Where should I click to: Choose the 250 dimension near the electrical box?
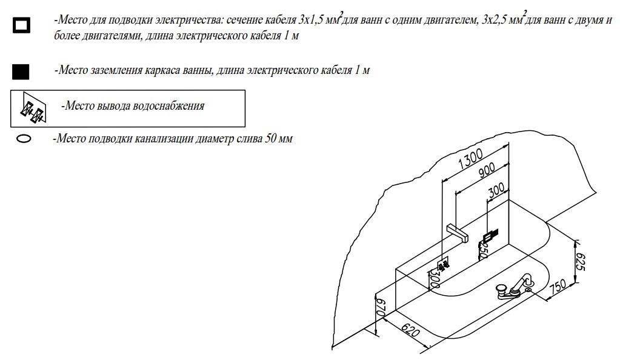483,249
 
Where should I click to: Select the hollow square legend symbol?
22,25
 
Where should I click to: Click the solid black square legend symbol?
21,71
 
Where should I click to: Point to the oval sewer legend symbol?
24,139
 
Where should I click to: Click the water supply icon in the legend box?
32,107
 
